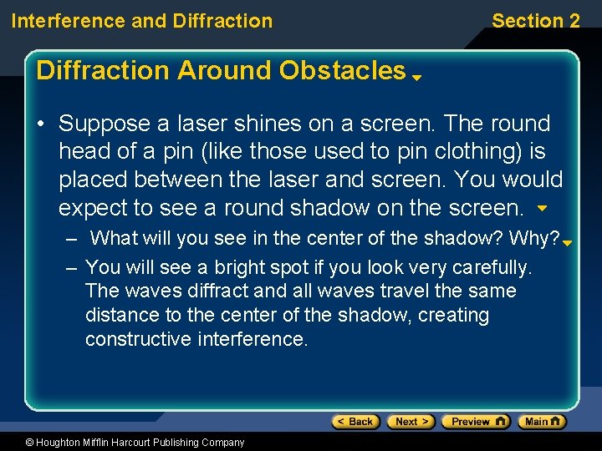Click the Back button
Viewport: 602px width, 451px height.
click(x=356, y=422)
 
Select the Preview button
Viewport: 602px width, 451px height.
click(x=475, y=422)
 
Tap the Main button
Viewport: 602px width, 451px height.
click(x=542, y=422)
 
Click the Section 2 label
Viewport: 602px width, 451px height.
click(x=535, y=21)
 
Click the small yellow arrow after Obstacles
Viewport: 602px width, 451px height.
click(x=416, y=77)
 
